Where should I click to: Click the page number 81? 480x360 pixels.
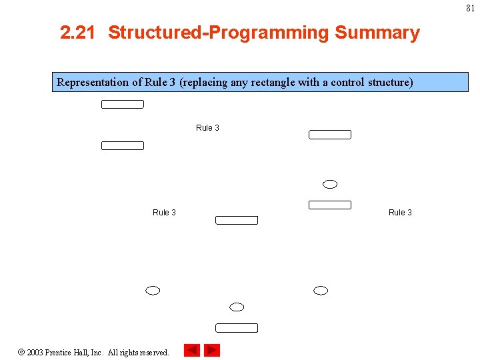(471, 8)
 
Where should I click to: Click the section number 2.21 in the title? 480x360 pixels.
(77, 33)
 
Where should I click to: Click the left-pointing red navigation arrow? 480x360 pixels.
(192, 350)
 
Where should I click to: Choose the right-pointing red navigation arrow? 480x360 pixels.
(212, 350)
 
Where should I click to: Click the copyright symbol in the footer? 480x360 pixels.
(21, 352)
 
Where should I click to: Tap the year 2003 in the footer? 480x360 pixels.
(35, 352)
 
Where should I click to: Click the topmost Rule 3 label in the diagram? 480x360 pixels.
(207, 128)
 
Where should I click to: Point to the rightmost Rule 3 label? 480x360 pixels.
(400, 213)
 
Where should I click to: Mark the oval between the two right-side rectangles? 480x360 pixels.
(329, 184)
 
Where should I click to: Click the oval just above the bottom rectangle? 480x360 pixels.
(237, 307)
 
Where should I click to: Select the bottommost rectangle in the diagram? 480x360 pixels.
(237, 327)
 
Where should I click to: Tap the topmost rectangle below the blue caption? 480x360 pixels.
(123, 104)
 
